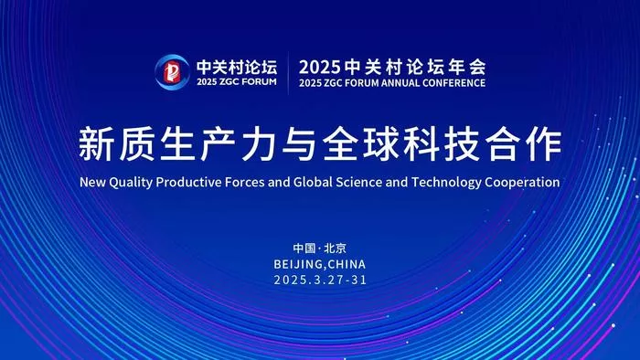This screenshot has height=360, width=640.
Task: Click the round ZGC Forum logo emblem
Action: [172, 72]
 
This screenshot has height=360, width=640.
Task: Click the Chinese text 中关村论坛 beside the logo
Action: [237, 67]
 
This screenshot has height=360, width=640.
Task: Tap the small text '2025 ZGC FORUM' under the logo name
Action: [237, 81]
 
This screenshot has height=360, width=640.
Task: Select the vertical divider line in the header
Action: [288, 73]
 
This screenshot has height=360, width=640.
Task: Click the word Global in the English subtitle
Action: [313, 182]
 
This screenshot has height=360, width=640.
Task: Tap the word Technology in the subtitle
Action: [446, 182]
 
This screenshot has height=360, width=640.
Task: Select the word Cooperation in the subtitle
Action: [522, 182]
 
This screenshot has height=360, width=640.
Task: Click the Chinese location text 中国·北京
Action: [320, 249]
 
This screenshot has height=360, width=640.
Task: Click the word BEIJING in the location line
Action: [298, 264]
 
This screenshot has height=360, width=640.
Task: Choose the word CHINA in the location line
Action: [347, 264]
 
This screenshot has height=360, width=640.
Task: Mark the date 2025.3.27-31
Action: [320, 280]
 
